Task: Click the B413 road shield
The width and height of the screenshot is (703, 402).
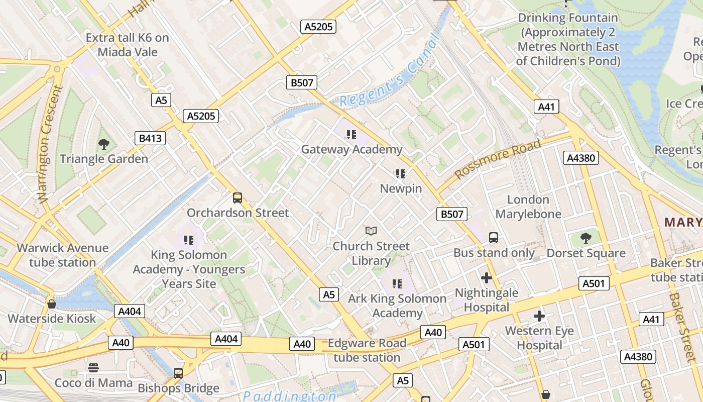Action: pos(150,138)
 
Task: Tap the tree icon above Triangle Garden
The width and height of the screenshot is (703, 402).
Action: pos(104,144)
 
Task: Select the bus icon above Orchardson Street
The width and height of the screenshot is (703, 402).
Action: pos(238,198)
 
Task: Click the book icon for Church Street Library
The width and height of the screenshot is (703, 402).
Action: pos(371,231)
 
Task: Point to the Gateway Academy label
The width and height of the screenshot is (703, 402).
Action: pos(351,149)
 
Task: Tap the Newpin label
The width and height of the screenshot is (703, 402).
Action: pos(401,188)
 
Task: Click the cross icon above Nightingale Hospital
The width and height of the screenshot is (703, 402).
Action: pos(486,277)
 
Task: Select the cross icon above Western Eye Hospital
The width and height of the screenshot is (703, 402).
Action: pos(539,316)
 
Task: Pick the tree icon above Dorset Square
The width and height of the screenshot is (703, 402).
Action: pos(585,238)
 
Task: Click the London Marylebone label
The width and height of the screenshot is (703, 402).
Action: pos(528,207)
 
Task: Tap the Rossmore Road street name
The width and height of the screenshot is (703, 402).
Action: pos(498,159)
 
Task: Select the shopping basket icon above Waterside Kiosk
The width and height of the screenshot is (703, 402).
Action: pos(51,304)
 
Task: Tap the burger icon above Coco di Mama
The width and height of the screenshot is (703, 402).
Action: pos(93,368)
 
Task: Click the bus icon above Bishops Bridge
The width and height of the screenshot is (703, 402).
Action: pos(178,373)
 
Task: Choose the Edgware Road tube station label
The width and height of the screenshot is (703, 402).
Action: pos(367,350)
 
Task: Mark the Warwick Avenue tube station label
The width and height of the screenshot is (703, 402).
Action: pos(63,255)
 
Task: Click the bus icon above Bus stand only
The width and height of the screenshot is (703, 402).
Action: pos(494,238)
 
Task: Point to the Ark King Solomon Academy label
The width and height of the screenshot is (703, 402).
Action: pos(397,306)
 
